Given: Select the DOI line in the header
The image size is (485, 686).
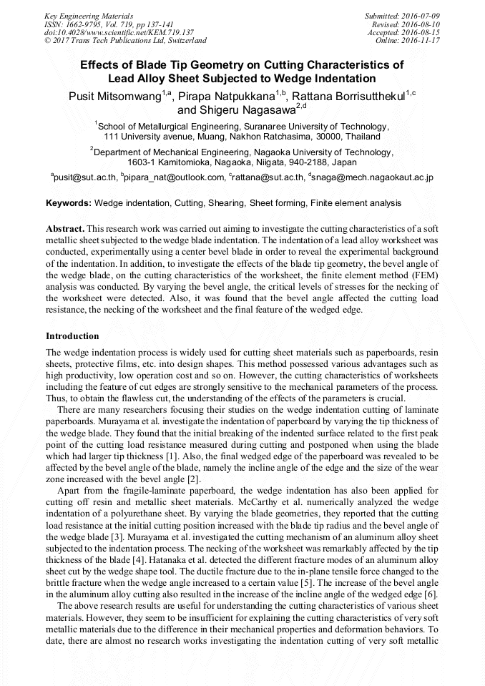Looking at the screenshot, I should [x=119, y=32].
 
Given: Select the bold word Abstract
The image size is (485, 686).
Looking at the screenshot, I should [x=66, y=227].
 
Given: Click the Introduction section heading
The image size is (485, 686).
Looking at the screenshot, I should [x=72, y=336].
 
